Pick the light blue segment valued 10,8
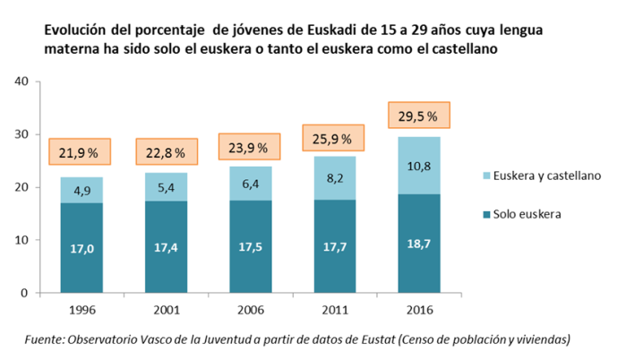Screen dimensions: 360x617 (x=418, y=166)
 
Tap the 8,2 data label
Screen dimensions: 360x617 (x=334, y=178)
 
